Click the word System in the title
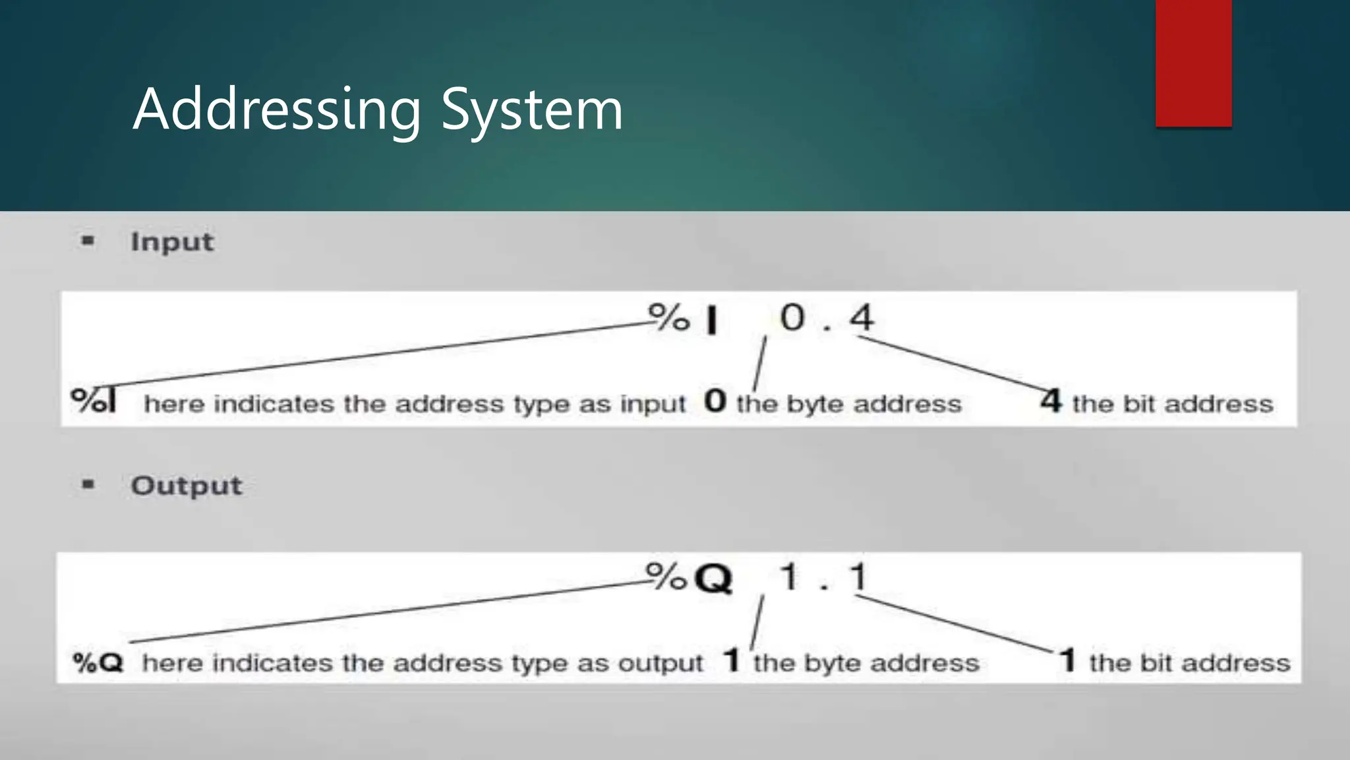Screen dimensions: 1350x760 (531, 110)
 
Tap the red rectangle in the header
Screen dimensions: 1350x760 (1193, 63)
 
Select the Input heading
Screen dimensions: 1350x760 (172, 242)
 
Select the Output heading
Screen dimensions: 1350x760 (187, 486)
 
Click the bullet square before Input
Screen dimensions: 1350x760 (88, 241)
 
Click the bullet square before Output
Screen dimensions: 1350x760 (88, 485)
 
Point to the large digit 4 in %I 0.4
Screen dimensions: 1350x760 (861, 317)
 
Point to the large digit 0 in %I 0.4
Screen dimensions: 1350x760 (792, 317)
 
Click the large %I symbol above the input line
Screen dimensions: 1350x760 (683, 319)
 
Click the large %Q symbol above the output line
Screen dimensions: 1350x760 (689, 578)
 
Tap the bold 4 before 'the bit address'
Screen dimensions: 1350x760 (1051, 401)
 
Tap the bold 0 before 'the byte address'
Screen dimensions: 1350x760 (715, 401)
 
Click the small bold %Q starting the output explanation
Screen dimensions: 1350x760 (98, 662)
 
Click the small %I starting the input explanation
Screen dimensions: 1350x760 (94, 400)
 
